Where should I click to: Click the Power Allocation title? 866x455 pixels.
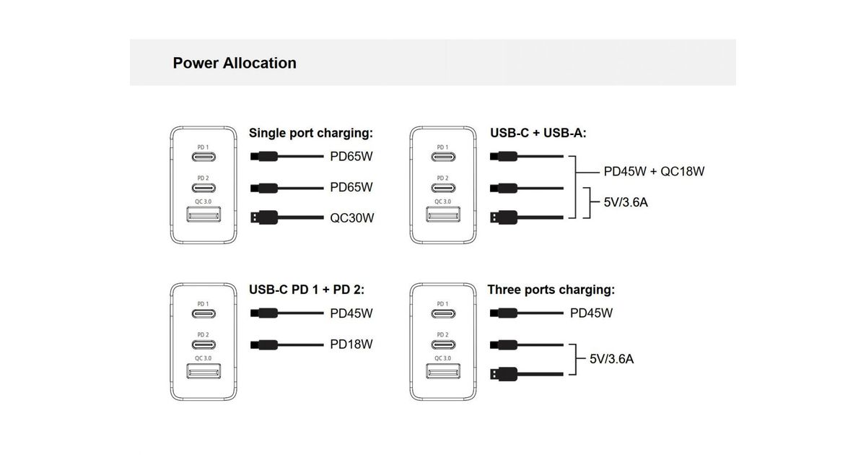click(235, 63)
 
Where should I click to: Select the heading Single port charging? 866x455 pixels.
click(311, 133)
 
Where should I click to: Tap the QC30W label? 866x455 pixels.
click(352, 217)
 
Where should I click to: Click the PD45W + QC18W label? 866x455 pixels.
click(654, 172)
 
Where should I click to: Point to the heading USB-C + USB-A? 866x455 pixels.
click(538, 133)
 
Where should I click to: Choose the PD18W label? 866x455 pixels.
click(351, 344)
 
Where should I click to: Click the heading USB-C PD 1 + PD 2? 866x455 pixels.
click(307, 290)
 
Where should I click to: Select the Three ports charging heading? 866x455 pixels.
click(551, 290)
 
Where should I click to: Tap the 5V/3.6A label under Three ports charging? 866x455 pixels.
click(611, 358)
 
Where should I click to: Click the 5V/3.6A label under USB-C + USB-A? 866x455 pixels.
click(626, 202)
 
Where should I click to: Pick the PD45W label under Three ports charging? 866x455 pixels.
click(591, 313)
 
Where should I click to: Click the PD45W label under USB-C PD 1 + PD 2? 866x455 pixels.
click(351, 313)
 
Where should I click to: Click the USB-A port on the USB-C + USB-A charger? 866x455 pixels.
click(442, 216)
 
